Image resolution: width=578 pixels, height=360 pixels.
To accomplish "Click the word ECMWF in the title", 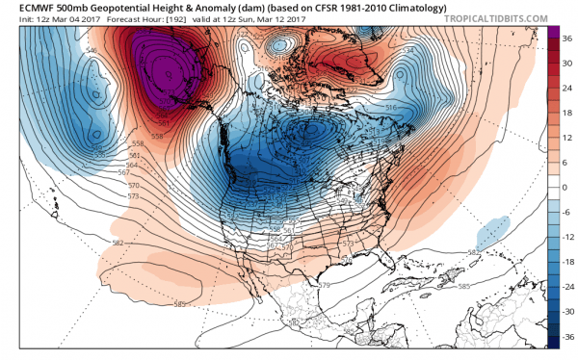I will [25, 7].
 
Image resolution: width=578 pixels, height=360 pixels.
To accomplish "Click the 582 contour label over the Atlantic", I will [474, 252].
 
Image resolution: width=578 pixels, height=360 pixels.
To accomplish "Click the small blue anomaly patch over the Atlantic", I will [491, 231].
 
